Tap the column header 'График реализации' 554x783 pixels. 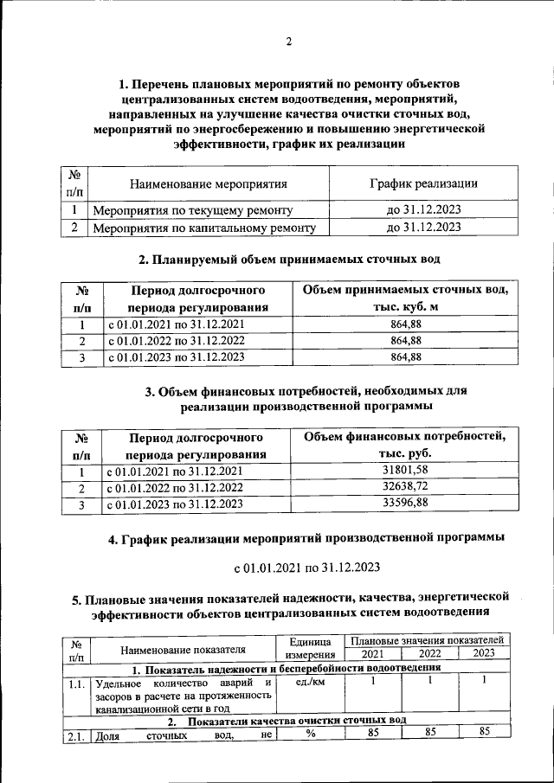423,183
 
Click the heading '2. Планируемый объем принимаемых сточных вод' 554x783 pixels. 290,259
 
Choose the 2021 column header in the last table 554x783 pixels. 373,653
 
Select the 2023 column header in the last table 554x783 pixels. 484,653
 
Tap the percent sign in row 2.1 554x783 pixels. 309,735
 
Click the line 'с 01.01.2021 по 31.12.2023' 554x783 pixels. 306,568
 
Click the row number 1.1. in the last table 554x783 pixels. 78,684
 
